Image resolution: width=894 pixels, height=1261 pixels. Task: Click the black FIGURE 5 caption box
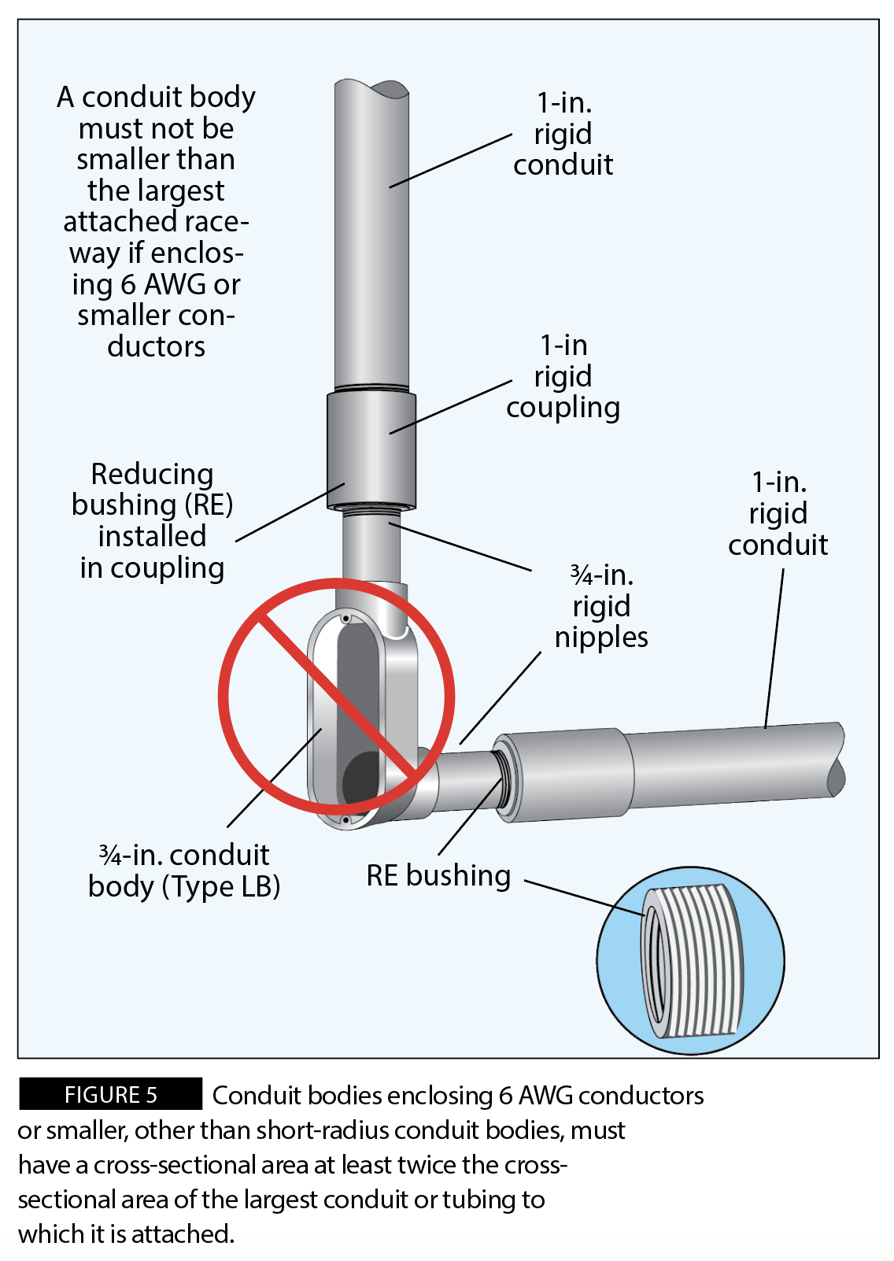[110, 1094]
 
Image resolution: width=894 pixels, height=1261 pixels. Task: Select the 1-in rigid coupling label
[563, 376]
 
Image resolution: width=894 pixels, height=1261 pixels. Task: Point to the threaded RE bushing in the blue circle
[693, 960]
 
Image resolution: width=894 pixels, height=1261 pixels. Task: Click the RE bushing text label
[438, 875]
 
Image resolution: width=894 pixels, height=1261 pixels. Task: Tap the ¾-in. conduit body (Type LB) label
[184, 871]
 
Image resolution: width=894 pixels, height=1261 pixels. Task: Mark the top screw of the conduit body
[345, 619]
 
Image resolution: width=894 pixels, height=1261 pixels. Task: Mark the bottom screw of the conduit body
[345, 820]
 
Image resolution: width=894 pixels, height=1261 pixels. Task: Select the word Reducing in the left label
[152, 474]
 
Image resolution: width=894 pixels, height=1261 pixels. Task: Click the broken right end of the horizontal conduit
[836, 760]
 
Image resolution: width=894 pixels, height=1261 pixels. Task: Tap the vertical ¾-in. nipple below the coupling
[371, 547]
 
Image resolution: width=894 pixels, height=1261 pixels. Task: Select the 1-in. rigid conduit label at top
[563, 134]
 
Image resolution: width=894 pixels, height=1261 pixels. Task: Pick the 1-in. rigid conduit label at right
[778, 513]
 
